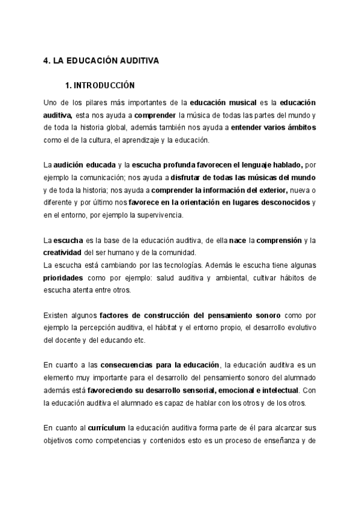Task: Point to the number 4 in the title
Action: click(46, 61)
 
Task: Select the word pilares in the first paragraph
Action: click(88, 103)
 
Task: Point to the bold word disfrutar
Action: click(187, 177)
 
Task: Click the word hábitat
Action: click(172, 328)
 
